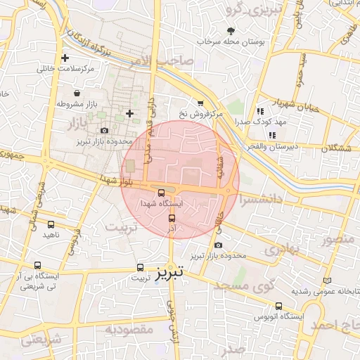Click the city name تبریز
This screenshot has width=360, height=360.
173,271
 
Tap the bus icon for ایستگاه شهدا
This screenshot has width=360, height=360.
161,192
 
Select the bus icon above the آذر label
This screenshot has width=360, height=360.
172,219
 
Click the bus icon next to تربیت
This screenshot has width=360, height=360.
141,267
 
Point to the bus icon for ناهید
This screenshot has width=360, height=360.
51,224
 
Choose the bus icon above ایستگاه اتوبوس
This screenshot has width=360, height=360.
279,306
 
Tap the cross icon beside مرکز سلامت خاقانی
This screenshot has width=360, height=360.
65,58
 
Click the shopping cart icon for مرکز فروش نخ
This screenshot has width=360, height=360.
200,103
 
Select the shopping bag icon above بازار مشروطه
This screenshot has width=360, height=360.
76,93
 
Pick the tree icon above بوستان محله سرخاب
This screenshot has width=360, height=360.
231,30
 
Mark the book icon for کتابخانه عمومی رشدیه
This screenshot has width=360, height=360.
326,281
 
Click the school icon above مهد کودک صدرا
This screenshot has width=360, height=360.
260,110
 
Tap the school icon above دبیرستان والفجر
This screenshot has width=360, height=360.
273,135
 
